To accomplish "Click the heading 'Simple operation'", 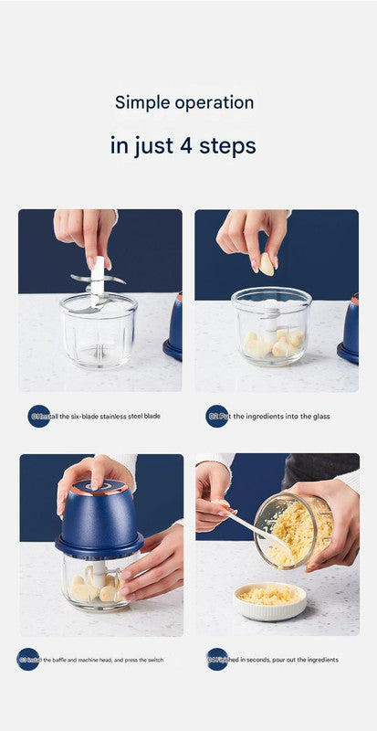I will pos(183,102).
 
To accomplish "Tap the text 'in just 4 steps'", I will pos(183,145).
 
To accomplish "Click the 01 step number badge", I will pos(39,416).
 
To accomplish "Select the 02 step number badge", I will pos(216,416).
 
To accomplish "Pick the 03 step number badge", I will pos(28,659).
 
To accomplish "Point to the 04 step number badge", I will pos(216,659).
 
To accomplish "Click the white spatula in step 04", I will pos(258,534).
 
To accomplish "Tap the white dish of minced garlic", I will pos(270,599).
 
